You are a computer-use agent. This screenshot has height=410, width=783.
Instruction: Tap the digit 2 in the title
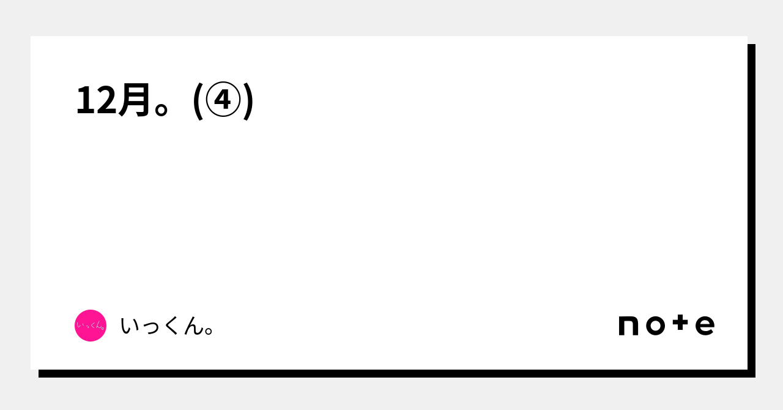(x=105, y=100)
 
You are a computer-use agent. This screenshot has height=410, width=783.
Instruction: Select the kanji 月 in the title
(x=134, y=100)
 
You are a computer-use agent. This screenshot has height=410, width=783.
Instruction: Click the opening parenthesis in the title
(x=197, y=101)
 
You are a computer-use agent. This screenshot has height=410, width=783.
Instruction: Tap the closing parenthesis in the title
(x=248, y=101)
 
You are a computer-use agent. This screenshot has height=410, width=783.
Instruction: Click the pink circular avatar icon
(x=91, y=326)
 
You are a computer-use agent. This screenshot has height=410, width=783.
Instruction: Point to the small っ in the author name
(x=151, y=329)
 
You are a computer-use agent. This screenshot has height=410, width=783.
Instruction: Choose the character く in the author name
(x=171, y=326)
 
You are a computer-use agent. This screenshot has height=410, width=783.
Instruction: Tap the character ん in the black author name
(x=193, y=326)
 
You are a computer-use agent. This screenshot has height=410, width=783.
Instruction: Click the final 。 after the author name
(x=209, y=332)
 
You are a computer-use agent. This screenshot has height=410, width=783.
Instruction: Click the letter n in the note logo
(x=629, y=326)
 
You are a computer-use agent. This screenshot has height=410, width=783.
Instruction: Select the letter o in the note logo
(x=655, y=326)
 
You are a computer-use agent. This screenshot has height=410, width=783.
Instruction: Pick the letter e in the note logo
(x=705, y=326)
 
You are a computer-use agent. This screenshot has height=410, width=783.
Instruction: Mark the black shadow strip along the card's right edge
(x=751, y=208)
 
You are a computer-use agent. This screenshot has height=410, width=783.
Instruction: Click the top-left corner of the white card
(x=32, y=37)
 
